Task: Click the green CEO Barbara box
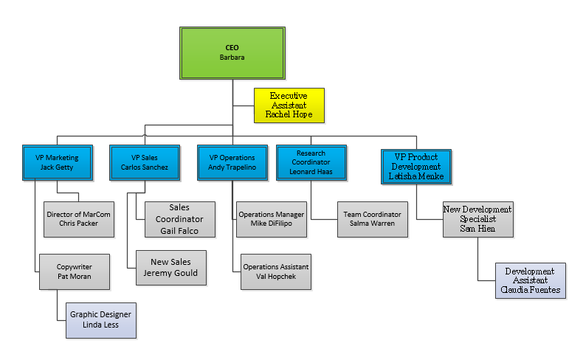point(232,53)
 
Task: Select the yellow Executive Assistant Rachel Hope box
point(289,105)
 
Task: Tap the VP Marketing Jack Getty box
point(57,162)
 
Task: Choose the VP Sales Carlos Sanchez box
point(145,162)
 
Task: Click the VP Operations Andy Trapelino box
point(232,162)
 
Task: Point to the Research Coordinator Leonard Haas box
point(311,162)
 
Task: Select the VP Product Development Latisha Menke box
point(415,167)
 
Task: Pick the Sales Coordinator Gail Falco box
point(179,219)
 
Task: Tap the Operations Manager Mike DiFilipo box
point(272,219)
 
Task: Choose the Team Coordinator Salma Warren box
point(373,219)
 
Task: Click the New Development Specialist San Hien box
point(477,219)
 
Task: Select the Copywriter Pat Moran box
point(75,271)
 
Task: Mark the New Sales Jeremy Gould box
point(170,268)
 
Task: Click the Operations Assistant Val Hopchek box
point(276,271)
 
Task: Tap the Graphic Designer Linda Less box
point(101,320)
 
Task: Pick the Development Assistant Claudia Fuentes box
point(530,281)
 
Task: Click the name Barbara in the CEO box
point(232,57)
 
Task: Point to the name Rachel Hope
point(289,114)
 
